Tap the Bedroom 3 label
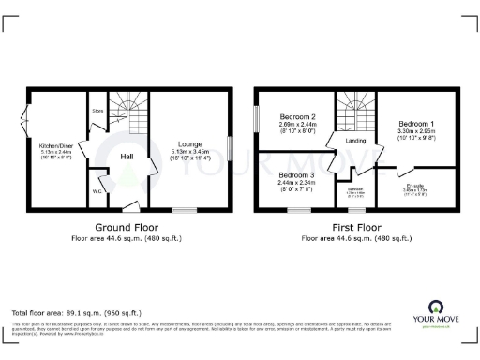click(x=296, y=175)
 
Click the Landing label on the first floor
click(x=355, y=141)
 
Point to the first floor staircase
click(x=355, y=111)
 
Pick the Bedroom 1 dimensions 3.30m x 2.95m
click(x=416, y=133)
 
